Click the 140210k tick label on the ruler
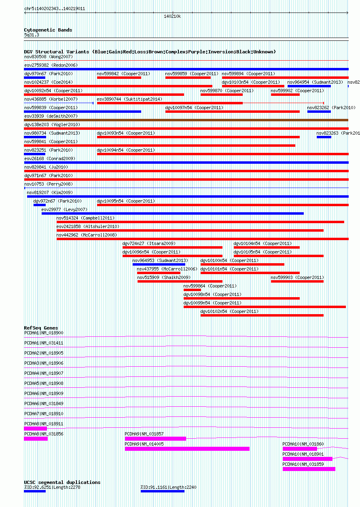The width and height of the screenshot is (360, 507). click(172, 16)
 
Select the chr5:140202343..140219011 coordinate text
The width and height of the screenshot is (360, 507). click(55, 8)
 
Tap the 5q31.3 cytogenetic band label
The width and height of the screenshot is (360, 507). click(32, 35)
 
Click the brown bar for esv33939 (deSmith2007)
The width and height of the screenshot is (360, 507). click(186, 120)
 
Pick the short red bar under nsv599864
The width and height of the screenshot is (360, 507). click(192, 290)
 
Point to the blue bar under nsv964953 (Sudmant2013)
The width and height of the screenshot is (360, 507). click(159, 264)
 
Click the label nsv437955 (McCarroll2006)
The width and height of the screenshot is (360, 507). click(167, 269)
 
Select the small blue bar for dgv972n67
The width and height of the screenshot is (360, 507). click(39, 205)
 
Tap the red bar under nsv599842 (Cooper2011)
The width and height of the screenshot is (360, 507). click(119, 78)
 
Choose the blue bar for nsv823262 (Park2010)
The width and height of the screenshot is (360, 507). click(319, 112)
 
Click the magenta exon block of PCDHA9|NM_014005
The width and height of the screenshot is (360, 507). click(187, 449)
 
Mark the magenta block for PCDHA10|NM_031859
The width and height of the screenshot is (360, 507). click(309, 469)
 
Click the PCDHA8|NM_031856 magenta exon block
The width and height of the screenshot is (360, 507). click(36, 439)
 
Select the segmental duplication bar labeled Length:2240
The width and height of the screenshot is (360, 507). click(162, 491)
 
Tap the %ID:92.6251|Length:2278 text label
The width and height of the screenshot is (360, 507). click(52, 487)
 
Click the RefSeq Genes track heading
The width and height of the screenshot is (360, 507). click(41, 328)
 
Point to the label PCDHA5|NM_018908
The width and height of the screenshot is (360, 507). click(44, 383)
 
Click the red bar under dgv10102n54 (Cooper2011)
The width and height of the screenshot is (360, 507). click(262, 315)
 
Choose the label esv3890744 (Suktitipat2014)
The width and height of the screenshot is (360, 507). click(129, 99)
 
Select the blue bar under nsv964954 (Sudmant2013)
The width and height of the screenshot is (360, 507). click(309, 86)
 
